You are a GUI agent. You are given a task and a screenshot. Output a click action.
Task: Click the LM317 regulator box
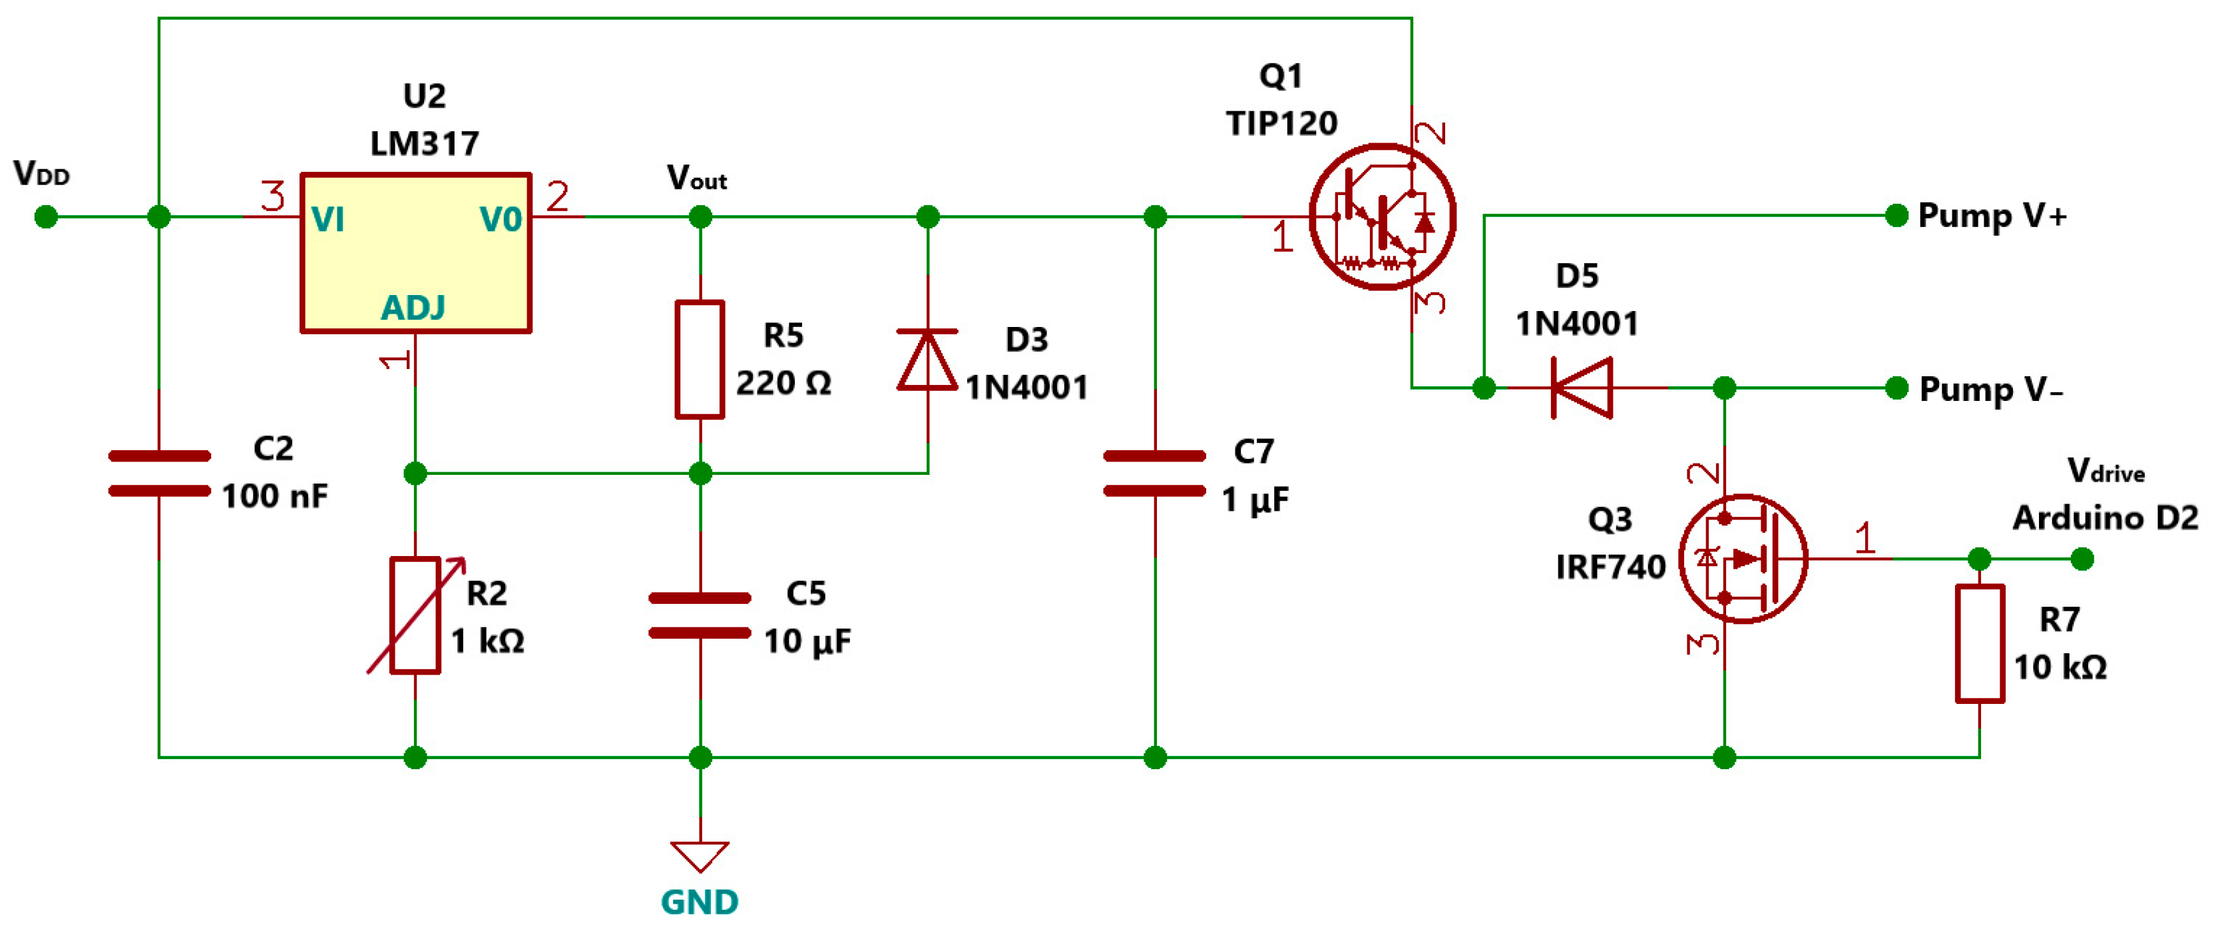(x=415, y=252)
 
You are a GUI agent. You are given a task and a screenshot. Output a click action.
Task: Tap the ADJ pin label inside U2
(x=413, y=308)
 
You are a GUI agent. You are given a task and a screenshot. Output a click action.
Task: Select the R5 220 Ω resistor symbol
(x=699, y=360)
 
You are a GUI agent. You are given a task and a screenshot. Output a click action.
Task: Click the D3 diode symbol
(x=927, y=360)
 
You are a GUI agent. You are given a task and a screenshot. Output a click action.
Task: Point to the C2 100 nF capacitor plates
(x=160, y=473)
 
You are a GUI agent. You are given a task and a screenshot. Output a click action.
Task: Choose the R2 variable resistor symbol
(x=415, y=615)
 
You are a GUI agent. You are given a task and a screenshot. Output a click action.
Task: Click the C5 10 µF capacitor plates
(x=700, y=615)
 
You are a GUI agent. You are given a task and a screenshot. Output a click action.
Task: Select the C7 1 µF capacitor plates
(x=1154, y=473)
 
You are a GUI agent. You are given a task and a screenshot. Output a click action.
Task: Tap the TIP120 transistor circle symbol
(x=1383, y=216)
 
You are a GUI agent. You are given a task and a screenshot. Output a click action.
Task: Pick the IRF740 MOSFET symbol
(x=1743, y=559)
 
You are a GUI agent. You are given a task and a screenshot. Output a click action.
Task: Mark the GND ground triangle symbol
(x=700, y=855)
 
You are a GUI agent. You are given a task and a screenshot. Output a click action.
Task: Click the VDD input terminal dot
(x=46, y=216)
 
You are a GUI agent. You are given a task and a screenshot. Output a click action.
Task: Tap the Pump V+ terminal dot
(x=1896, y=216)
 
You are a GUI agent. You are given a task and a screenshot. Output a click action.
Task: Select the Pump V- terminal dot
(x=1896, y=388)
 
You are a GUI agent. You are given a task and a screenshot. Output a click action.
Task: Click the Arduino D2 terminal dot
(x=2082, y=559)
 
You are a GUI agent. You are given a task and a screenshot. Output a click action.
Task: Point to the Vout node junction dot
(x=700, y=216)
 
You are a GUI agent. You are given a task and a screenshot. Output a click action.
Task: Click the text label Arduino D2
(x=2105, y=517)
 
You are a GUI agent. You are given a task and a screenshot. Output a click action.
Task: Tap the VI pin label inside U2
(x=328, y=220)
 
